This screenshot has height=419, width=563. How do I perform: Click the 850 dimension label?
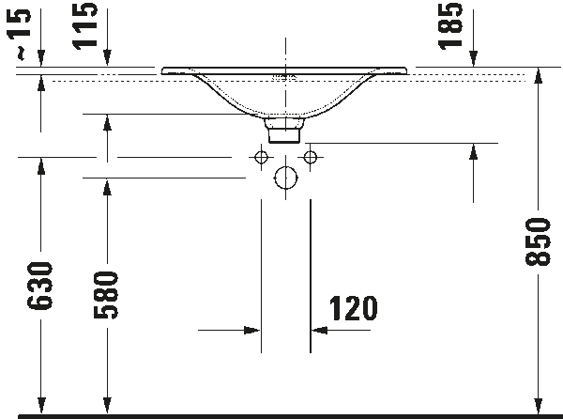tap(537, 242)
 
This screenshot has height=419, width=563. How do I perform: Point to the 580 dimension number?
tap(107, 295)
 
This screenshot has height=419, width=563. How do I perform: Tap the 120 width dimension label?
tap(354, 307)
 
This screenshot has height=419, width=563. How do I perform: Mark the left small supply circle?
tap(259, 157)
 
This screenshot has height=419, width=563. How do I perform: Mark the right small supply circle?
tap(312, 157)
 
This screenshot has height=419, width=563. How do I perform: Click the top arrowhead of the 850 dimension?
tap(537, 78)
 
